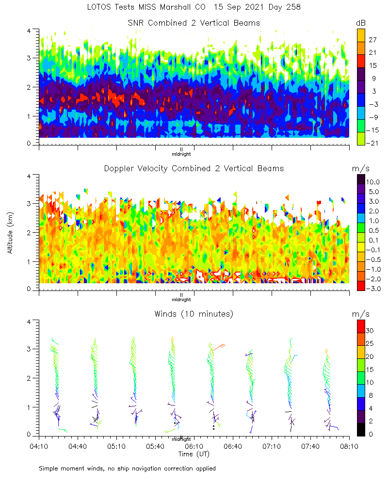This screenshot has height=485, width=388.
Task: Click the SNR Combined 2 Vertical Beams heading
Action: click(194, 23)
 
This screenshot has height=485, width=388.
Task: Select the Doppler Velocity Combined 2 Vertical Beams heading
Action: click(194, 168)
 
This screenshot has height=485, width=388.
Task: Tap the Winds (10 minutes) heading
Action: click(194, 314)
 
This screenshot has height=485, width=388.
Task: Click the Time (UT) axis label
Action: click(194, 454)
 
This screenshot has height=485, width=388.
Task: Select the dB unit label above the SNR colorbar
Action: click(360, 23)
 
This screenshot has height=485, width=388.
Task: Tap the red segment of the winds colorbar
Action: click(361, 325)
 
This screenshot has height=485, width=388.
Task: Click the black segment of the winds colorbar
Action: click(361, 430)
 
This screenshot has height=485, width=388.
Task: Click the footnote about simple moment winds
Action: click(127, 469)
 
